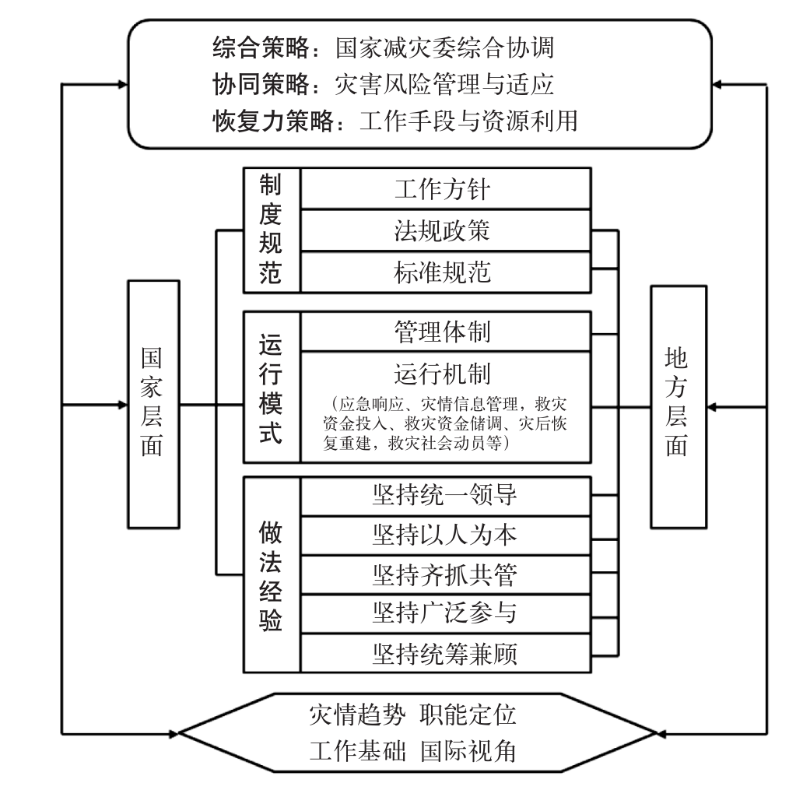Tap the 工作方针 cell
click(443, 189)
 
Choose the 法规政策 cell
click(443, 230)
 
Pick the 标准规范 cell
click(443, 272)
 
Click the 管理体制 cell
click(443, 332)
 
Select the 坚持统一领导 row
click(444, 495)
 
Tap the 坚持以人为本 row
click(444, 535)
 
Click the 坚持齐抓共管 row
click(444, 574)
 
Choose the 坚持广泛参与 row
click(444, 613)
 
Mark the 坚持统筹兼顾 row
click(444, 653)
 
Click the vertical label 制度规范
click(272, 230)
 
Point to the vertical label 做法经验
click(272, 574)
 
